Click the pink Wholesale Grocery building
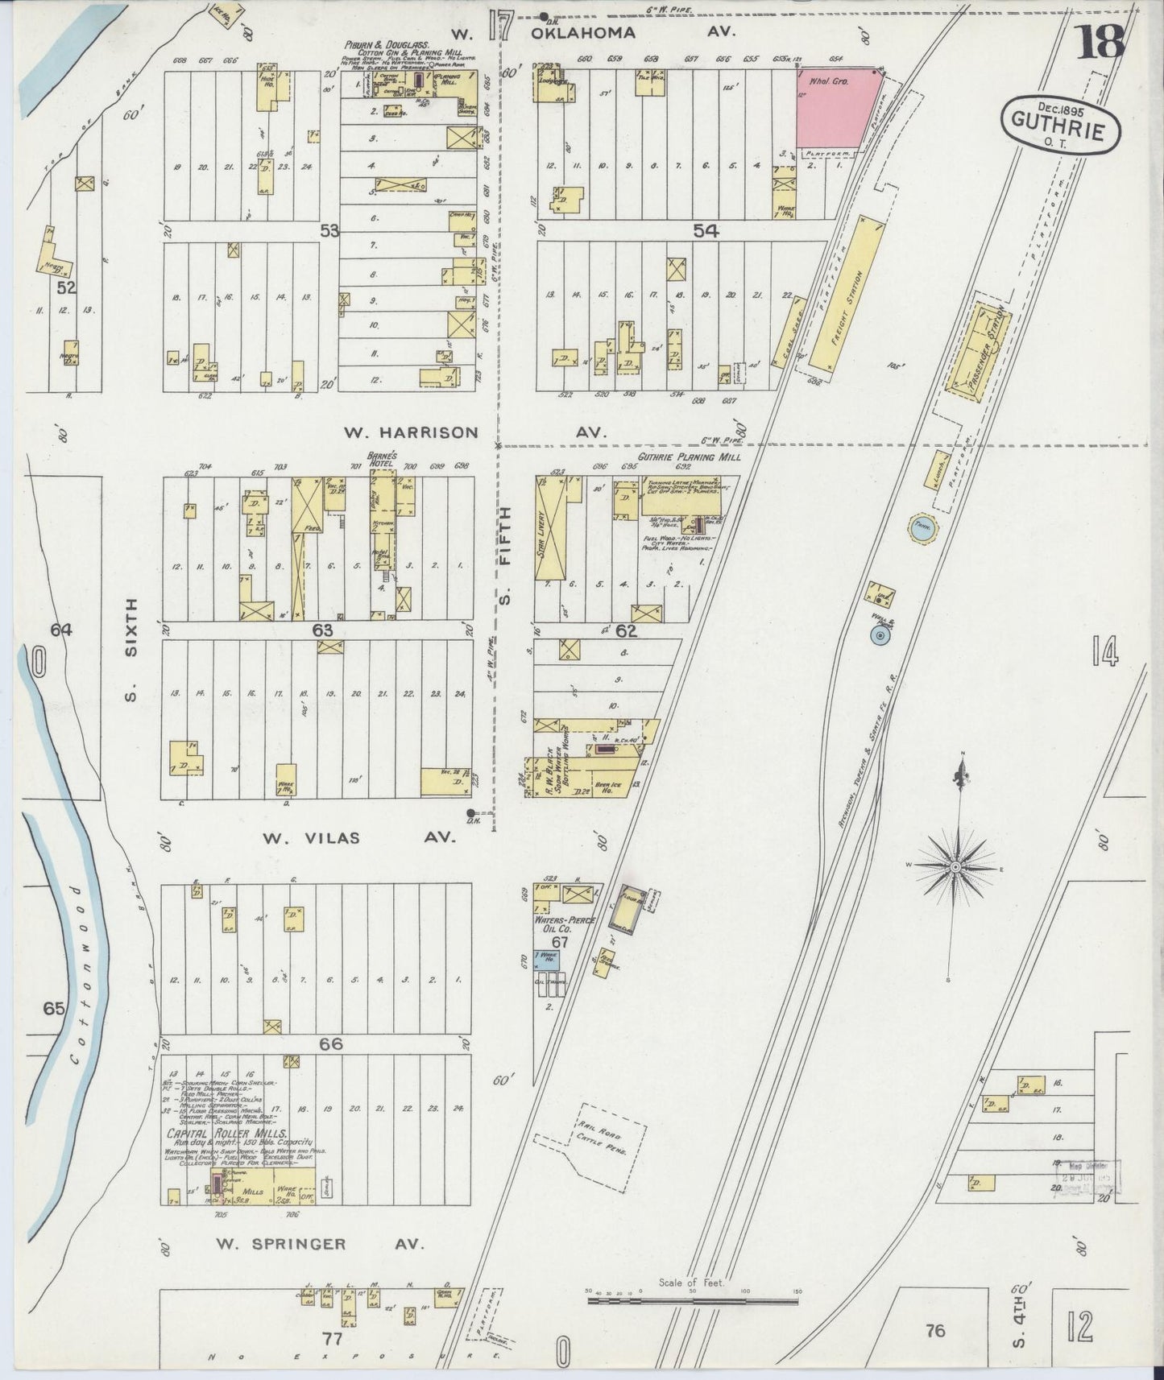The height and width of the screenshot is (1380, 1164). (x=835, y=106)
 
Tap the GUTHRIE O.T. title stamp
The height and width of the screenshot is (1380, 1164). (x=1061, y=125)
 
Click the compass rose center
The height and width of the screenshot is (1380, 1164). (x=955, y=866)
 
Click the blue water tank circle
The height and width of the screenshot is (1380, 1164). (x=921, y=529)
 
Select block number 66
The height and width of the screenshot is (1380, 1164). (x=331, y=1043)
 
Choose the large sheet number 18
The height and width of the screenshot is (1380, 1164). (x=1102, y=39)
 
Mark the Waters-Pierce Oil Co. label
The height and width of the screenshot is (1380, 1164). (x=561, y=923)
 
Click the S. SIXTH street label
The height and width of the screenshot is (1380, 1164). (x=131, y=649)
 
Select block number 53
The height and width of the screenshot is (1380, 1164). (x=329, y=231)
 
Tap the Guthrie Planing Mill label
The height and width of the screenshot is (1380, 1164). (x=689, y=457)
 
